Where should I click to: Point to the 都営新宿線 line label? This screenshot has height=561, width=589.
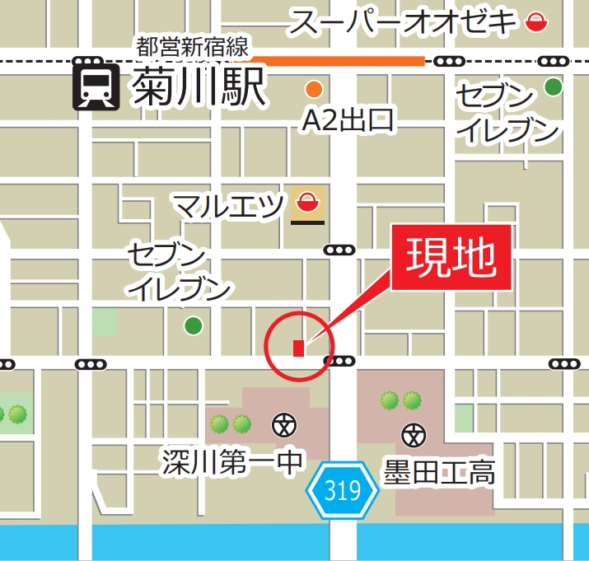(x=193, y=46)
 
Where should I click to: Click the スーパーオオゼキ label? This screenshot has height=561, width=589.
(x=402, y=22)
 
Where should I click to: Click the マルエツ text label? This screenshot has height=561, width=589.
(x=230, y=205)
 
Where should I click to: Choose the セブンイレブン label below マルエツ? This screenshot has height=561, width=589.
(x=178, y=271)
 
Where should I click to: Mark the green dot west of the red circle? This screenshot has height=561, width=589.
(x=193, y=326)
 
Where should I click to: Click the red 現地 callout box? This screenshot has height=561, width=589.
(x=452, y=257)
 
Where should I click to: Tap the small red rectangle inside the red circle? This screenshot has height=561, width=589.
(x=298, y=348)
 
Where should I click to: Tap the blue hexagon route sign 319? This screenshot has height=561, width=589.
(x=342, y=492)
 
